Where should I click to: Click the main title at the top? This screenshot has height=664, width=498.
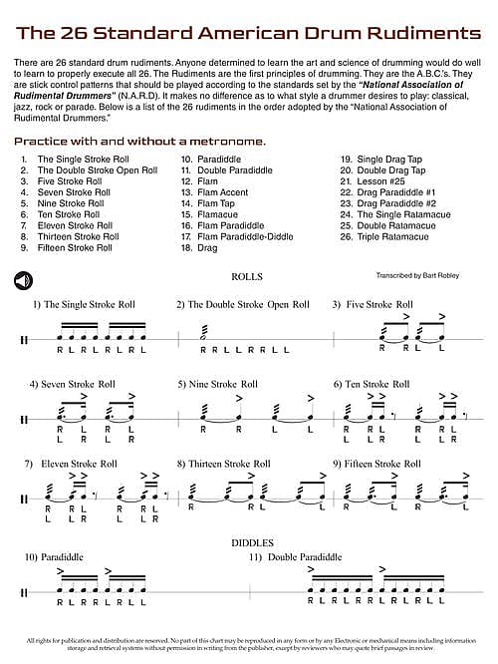(x=248, y=33)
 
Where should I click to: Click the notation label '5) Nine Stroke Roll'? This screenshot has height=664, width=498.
(x=218, y=383)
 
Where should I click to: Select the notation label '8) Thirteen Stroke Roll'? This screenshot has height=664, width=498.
(x=223, y=464)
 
